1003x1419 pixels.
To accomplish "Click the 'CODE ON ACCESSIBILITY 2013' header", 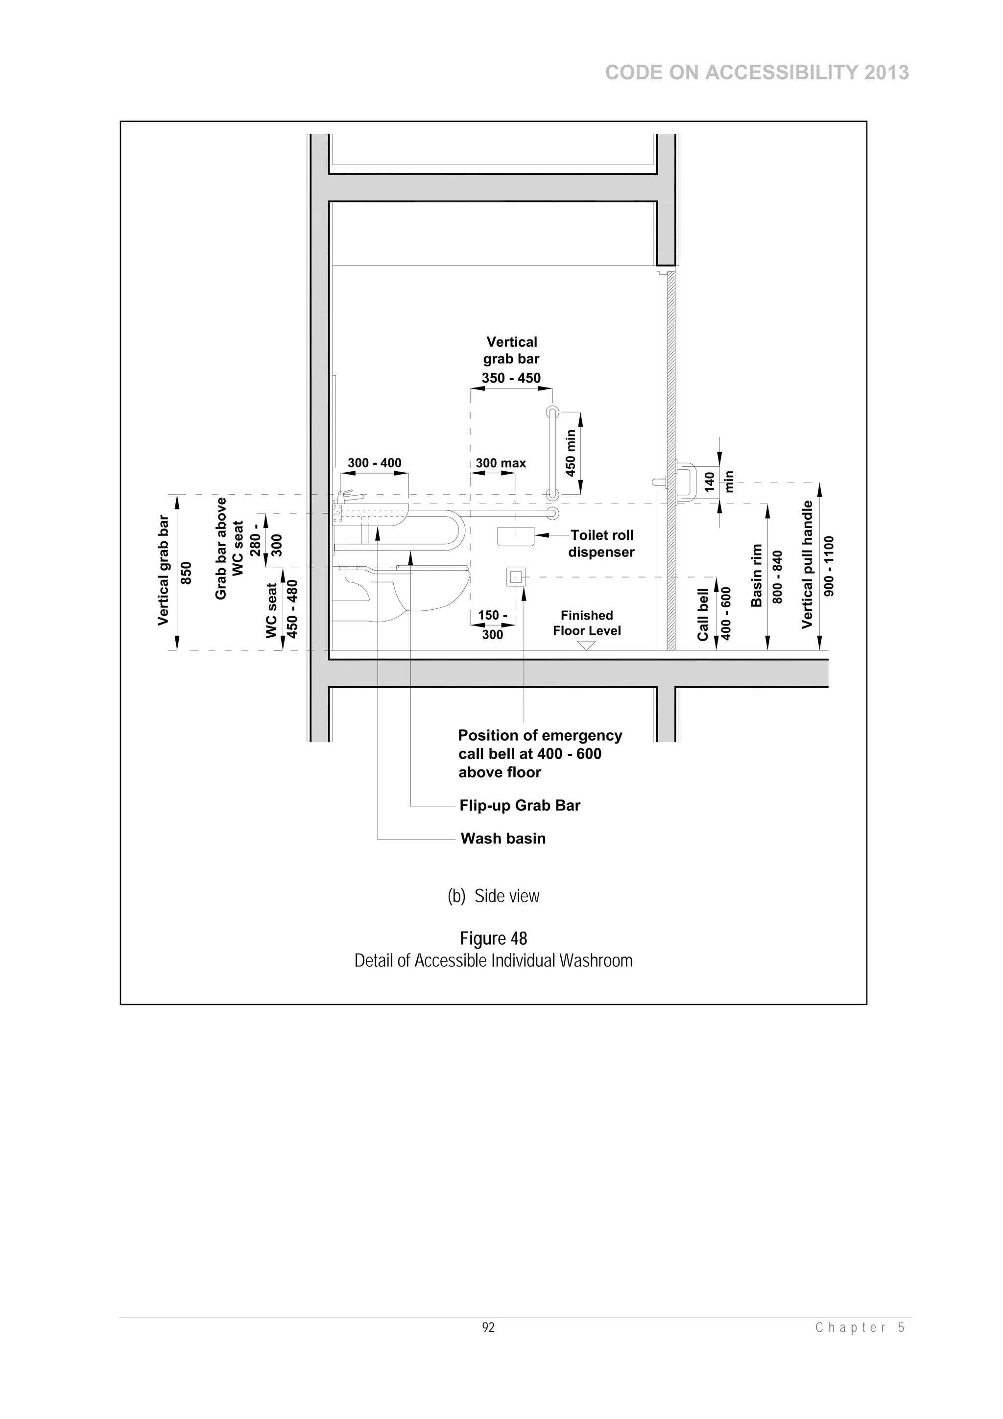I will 757,73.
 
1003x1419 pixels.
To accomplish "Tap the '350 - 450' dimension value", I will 511,378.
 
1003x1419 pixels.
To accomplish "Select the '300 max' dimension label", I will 501,463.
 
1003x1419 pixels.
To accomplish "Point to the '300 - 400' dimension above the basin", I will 375,463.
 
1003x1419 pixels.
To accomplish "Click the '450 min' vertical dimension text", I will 571,453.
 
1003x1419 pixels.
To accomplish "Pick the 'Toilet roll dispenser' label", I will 601,544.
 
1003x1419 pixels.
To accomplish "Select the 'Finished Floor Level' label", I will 587,623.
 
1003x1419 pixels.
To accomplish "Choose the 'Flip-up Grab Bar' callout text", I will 520,805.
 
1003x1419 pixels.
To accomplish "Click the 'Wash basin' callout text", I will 503,839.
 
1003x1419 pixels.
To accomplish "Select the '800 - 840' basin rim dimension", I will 777,577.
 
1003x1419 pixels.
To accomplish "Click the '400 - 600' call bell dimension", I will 726,613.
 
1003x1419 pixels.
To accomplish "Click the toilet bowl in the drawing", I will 432,590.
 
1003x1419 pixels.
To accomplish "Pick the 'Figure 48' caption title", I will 493,939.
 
